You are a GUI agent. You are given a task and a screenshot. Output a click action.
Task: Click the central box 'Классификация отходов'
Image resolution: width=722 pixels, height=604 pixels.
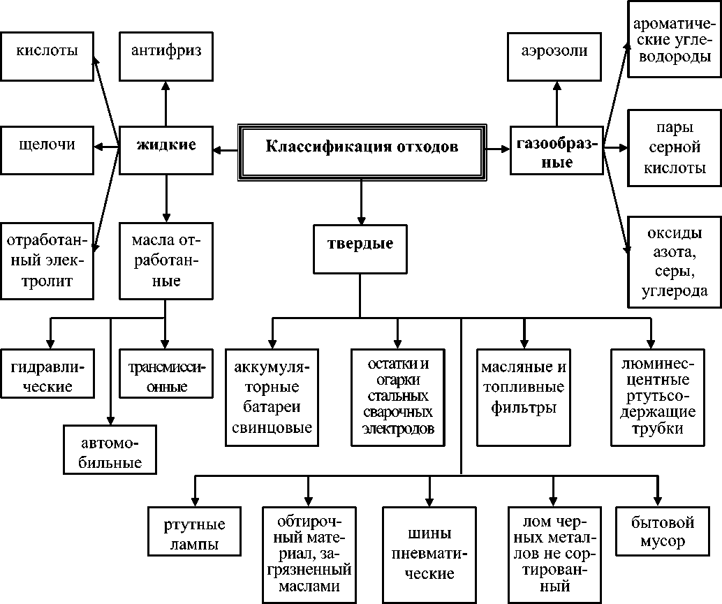[x=362, y=149]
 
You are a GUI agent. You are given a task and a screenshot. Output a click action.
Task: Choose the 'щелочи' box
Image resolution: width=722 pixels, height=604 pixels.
[x=47, y=147]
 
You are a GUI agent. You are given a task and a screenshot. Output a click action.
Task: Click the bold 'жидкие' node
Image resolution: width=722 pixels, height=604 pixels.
[x=166, y=147]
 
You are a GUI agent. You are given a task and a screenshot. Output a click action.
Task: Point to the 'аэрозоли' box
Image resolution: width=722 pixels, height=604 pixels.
[x=556, y=53]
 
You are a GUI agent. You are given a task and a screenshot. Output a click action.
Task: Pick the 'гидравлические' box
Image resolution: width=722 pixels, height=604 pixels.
[x=47, y=376]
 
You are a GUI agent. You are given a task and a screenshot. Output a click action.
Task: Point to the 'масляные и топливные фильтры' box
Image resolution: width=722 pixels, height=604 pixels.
[x=523, y=397]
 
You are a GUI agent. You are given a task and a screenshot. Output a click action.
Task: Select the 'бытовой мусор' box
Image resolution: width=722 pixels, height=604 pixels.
[x=656, y=532]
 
